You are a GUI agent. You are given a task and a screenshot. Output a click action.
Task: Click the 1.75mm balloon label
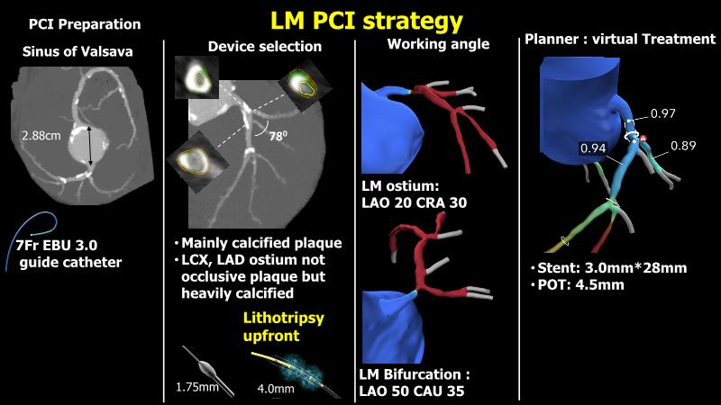coord(196,389)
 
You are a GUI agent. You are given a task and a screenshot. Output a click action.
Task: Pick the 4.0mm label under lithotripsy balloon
coord(275,389)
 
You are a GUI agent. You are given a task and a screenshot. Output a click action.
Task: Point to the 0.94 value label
coord(593,147)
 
